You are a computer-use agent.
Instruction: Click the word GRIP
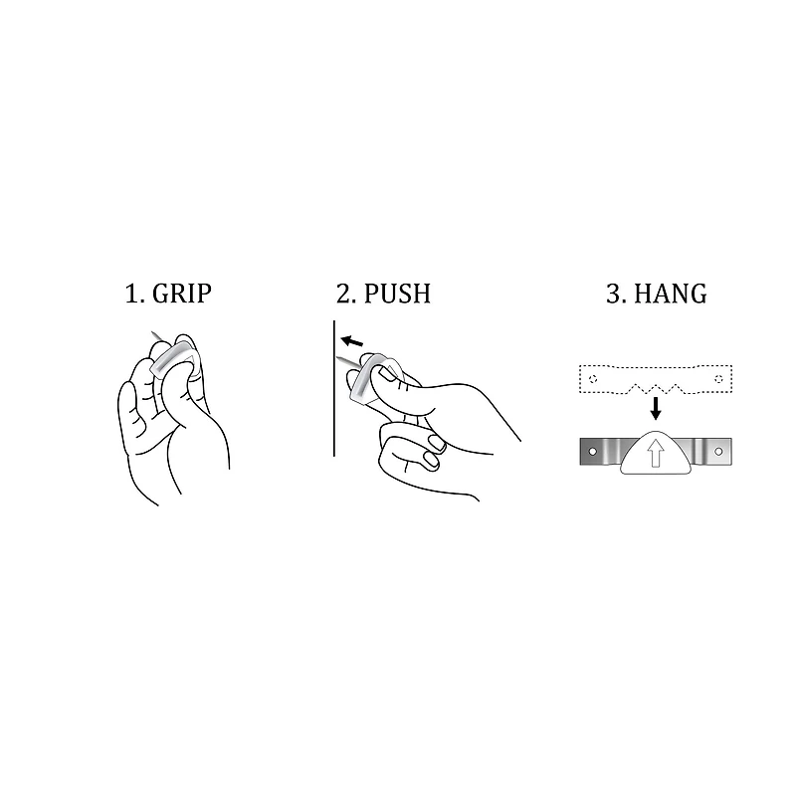click(182, 294)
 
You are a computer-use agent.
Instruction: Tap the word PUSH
click(397, 294)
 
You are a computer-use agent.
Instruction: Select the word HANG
click(670, 294)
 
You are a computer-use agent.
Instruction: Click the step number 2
click(344, 294)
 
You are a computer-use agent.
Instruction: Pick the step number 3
click(613, 294)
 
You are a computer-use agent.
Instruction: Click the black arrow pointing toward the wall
click(351, 341)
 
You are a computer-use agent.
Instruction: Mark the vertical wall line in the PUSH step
click(333, 398)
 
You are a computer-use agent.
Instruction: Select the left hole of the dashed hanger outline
click(593, 379)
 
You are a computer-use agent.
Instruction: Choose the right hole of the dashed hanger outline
click(718, 379)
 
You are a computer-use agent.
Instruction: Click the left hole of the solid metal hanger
click(593, 451)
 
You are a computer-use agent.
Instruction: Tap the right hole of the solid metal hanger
click(718, 451)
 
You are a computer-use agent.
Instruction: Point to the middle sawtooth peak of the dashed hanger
click(656, 383)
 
